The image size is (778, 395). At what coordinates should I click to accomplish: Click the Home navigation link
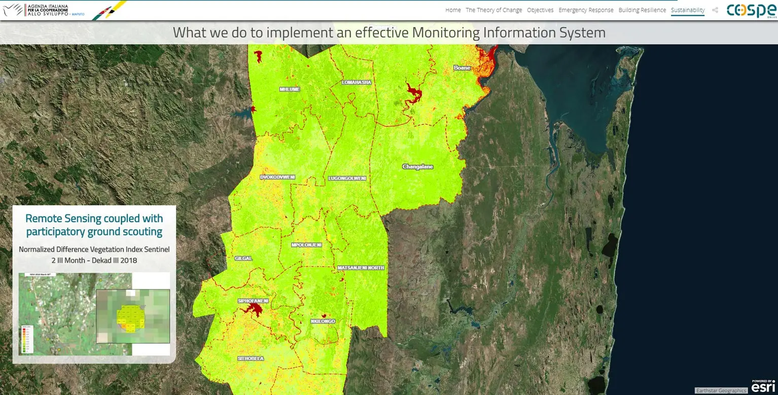tap(453, 10)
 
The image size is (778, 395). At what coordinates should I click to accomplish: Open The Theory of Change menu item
tap(493, 10)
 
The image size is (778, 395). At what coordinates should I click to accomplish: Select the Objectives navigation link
tap(540, 10)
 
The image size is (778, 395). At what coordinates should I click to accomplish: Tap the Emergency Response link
tap(586, 10)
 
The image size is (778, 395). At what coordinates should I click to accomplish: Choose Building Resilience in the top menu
tap(642, 10)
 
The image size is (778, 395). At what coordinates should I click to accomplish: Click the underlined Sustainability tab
tap(687, 10)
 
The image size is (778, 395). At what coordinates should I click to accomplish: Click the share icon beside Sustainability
tap(715, 10)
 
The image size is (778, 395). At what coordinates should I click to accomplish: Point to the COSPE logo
tap(751, 10)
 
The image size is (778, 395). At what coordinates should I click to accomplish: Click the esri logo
tap(763, 386)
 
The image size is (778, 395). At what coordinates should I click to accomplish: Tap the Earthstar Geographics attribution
tap(721, 390)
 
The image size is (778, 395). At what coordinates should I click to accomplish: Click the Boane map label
tap(462, 67)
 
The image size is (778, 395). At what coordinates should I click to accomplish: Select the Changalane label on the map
tap(417, 167)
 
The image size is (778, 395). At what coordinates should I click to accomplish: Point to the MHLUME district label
tap(290, 89)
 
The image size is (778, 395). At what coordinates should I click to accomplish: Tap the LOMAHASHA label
tap(357, 82)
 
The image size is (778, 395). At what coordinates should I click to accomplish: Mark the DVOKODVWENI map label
tap(277, 177)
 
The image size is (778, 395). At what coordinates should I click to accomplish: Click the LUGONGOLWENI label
tap(347, 178)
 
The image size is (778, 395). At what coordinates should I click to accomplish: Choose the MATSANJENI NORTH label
tap(361, 267)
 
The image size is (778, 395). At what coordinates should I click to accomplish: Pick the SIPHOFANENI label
tap(253, 301)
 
